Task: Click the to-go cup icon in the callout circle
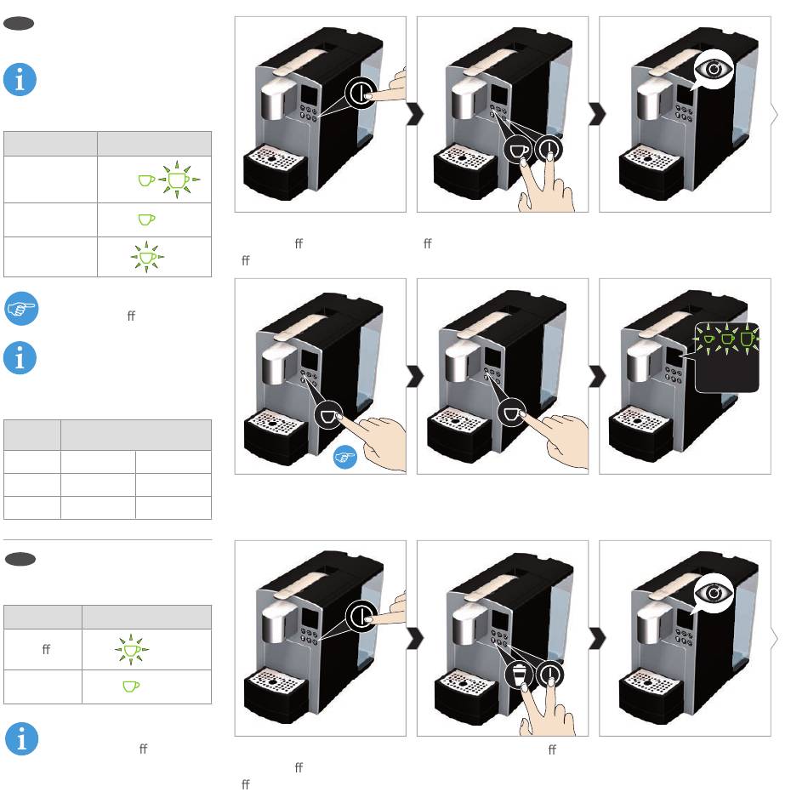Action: [x=519, y=675]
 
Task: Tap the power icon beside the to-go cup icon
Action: [x=550, y=675]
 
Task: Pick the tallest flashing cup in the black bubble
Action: [x=747, y=339]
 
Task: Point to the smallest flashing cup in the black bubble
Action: [x=709, y=339]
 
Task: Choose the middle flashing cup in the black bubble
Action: [x=727, y=339]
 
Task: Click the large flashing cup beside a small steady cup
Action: [x=179, y=179]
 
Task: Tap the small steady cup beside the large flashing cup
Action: [x=146, y=180]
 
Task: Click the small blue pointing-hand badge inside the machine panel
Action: [x=344, y=457]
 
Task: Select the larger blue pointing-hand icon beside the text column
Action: [x=21, y=309]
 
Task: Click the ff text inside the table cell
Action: [x=46, y=649]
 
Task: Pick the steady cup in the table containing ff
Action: [x=131, y=687]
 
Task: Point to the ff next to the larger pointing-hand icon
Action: [x=131, y=316]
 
